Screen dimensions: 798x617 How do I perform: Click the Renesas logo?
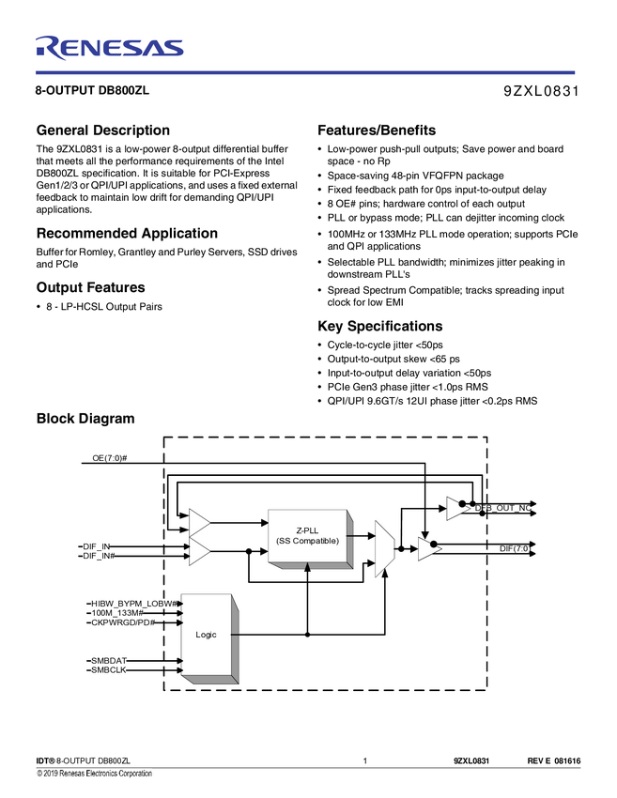pos(109,46)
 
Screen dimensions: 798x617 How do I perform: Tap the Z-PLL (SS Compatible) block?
pos(307,535)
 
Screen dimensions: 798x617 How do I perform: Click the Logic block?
pos(206,635)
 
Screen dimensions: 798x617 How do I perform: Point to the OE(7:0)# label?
pos(110,458)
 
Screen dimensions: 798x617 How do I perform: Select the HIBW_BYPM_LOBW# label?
pos(134,602)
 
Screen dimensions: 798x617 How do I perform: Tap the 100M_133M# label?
pos(116,612)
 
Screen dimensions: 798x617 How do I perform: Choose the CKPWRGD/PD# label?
pos(122,622)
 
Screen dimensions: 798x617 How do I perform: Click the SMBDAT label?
pos(108,661)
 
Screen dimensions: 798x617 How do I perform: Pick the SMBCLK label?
pos(108,670)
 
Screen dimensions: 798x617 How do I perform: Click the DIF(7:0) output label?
pos(514,546)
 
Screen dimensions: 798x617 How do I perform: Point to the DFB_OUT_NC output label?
pos(502,508)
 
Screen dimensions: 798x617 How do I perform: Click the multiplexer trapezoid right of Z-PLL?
pos(384,548)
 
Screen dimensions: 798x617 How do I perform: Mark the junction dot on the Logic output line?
pos(308,635)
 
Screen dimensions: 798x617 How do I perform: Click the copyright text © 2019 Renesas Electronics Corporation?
pos(94,774)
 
